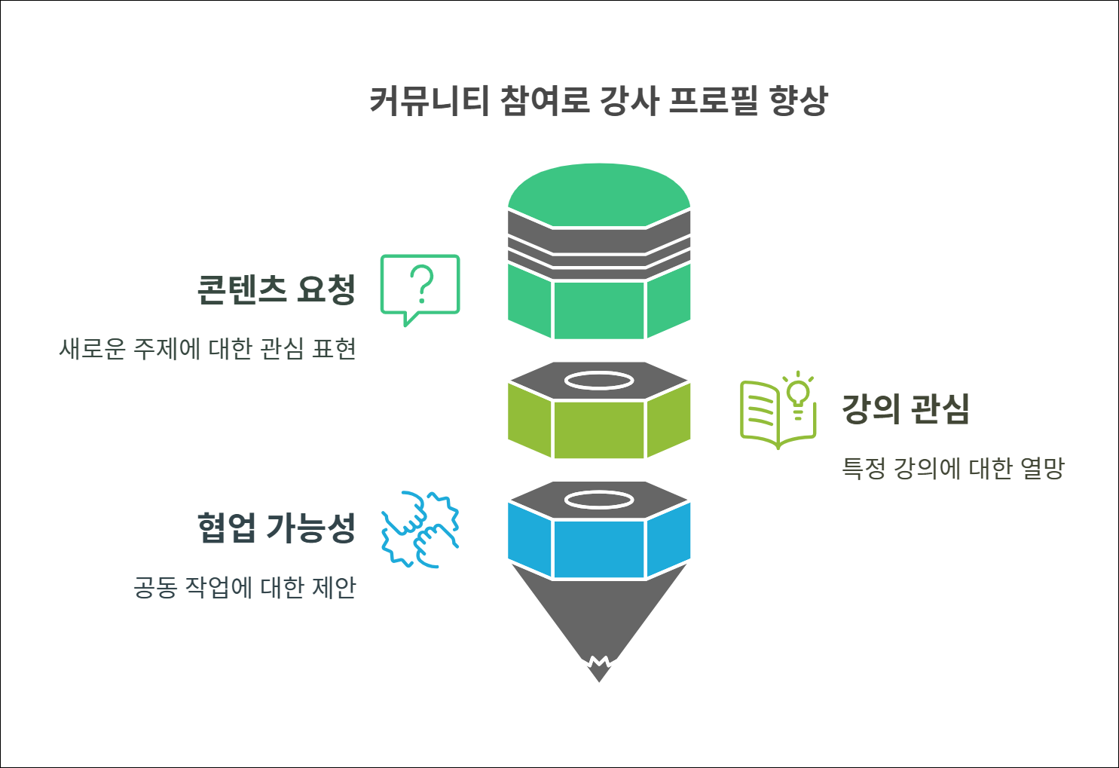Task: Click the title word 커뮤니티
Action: [430, 101]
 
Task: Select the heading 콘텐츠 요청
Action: [276, 289]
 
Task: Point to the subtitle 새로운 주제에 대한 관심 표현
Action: [207, 349]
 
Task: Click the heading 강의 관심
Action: [905, 408]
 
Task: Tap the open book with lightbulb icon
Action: [776, 411]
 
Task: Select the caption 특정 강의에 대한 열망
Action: [952, 468]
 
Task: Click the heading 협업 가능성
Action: [276, 528]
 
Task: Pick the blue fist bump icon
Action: [420, 529]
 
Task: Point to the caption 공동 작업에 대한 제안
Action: [244, 587]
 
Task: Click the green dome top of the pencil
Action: [599, 193]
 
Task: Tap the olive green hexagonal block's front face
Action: [599, 429]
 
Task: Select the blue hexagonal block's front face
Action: [599, 549]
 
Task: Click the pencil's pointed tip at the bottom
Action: [599, 672]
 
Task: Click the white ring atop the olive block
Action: [599, 381]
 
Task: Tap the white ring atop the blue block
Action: [599, 500]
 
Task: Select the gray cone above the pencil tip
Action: [599, 610]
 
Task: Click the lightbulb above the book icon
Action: [798, 392]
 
